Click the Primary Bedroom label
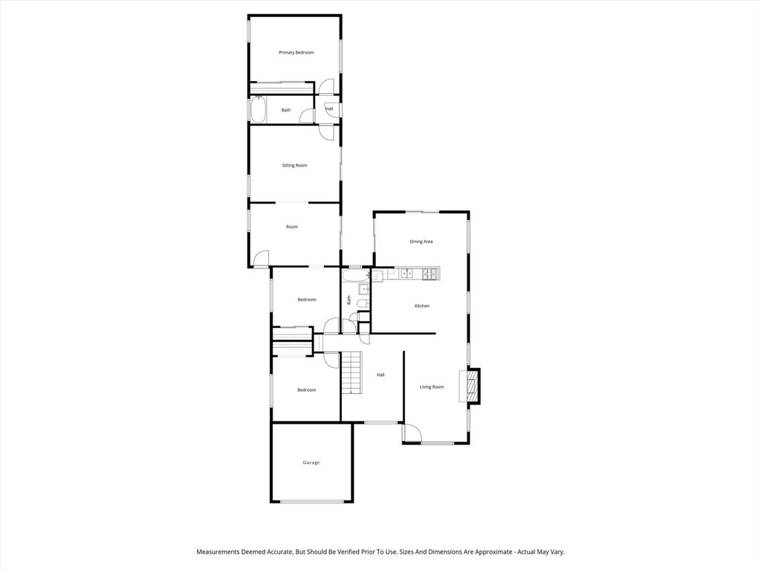296,53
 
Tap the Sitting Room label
294,165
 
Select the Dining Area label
421,242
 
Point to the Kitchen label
422,306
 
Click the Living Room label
432,387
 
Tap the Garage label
311,462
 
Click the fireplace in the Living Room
470,386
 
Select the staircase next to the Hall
351,373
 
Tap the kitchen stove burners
430,274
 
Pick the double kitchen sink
407,274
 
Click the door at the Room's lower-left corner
261,258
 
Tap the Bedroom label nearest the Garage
306,390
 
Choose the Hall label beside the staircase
380,375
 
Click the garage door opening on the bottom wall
312,502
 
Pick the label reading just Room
292,227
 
